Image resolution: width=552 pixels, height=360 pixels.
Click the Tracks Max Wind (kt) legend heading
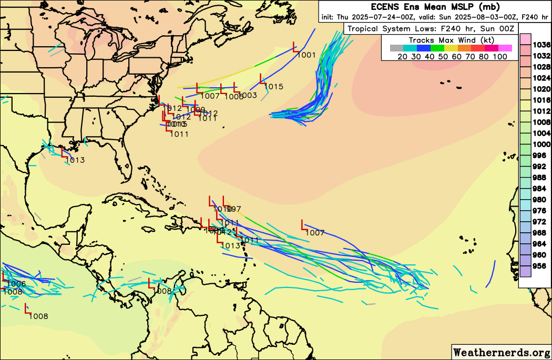450,40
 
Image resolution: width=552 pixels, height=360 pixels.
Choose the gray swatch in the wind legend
396,48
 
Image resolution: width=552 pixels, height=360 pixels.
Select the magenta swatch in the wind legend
505,48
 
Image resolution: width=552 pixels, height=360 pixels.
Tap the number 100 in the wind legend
500,56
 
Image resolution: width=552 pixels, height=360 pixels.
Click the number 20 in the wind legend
403,56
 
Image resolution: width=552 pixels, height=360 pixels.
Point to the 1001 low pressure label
306,55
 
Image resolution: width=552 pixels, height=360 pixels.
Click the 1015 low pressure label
274,87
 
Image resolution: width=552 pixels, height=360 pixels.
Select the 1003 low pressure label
248,95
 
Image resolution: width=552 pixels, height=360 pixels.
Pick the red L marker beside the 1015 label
262,79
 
